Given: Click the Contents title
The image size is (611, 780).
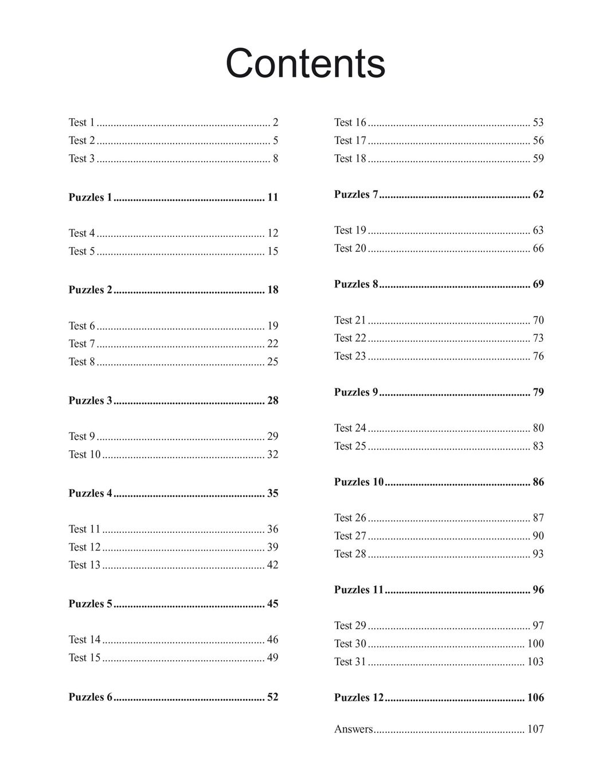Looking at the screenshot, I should pos(305,63).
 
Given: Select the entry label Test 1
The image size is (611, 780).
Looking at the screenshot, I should pos(81,122).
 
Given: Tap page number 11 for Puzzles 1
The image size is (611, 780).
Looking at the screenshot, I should pos(272,197).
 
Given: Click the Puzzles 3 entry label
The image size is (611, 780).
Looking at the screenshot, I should pos(91,400).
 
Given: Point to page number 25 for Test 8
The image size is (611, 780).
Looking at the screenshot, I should pos(272,361).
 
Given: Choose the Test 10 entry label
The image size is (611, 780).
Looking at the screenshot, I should pos(84,454).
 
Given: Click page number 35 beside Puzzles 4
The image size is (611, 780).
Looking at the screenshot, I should pos(272,493).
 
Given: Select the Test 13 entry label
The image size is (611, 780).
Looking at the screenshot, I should pos(84,565).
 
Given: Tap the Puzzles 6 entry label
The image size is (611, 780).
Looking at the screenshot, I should pos(91,697).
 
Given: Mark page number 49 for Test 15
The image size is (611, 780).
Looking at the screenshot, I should pos(272,657).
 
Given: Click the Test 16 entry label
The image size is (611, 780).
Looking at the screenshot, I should pos(350,122).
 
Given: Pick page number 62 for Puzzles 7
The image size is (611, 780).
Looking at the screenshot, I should pos(538,194).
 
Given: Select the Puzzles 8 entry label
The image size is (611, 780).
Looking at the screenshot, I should pos(356,284).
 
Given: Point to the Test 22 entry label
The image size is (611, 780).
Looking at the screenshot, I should pos(350,338).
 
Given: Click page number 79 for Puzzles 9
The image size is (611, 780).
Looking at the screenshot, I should pos(538,392).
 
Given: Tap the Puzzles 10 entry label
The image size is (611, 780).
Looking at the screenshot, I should pos(359,482).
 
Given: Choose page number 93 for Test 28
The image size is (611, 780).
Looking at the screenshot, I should pos(538,553).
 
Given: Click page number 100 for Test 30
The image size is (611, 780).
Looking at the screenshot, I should pos(535,643).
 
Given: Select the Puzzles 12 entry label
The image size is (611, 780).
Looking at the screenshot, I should pos(359,697).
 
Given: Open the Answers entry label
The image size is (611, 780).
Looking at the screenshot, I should pos(354,729).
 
